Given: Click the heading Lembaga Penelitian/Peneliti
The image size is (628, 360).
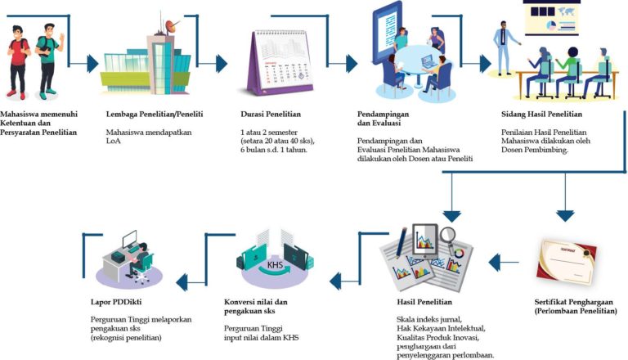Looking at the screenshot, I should pos(155,114).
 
